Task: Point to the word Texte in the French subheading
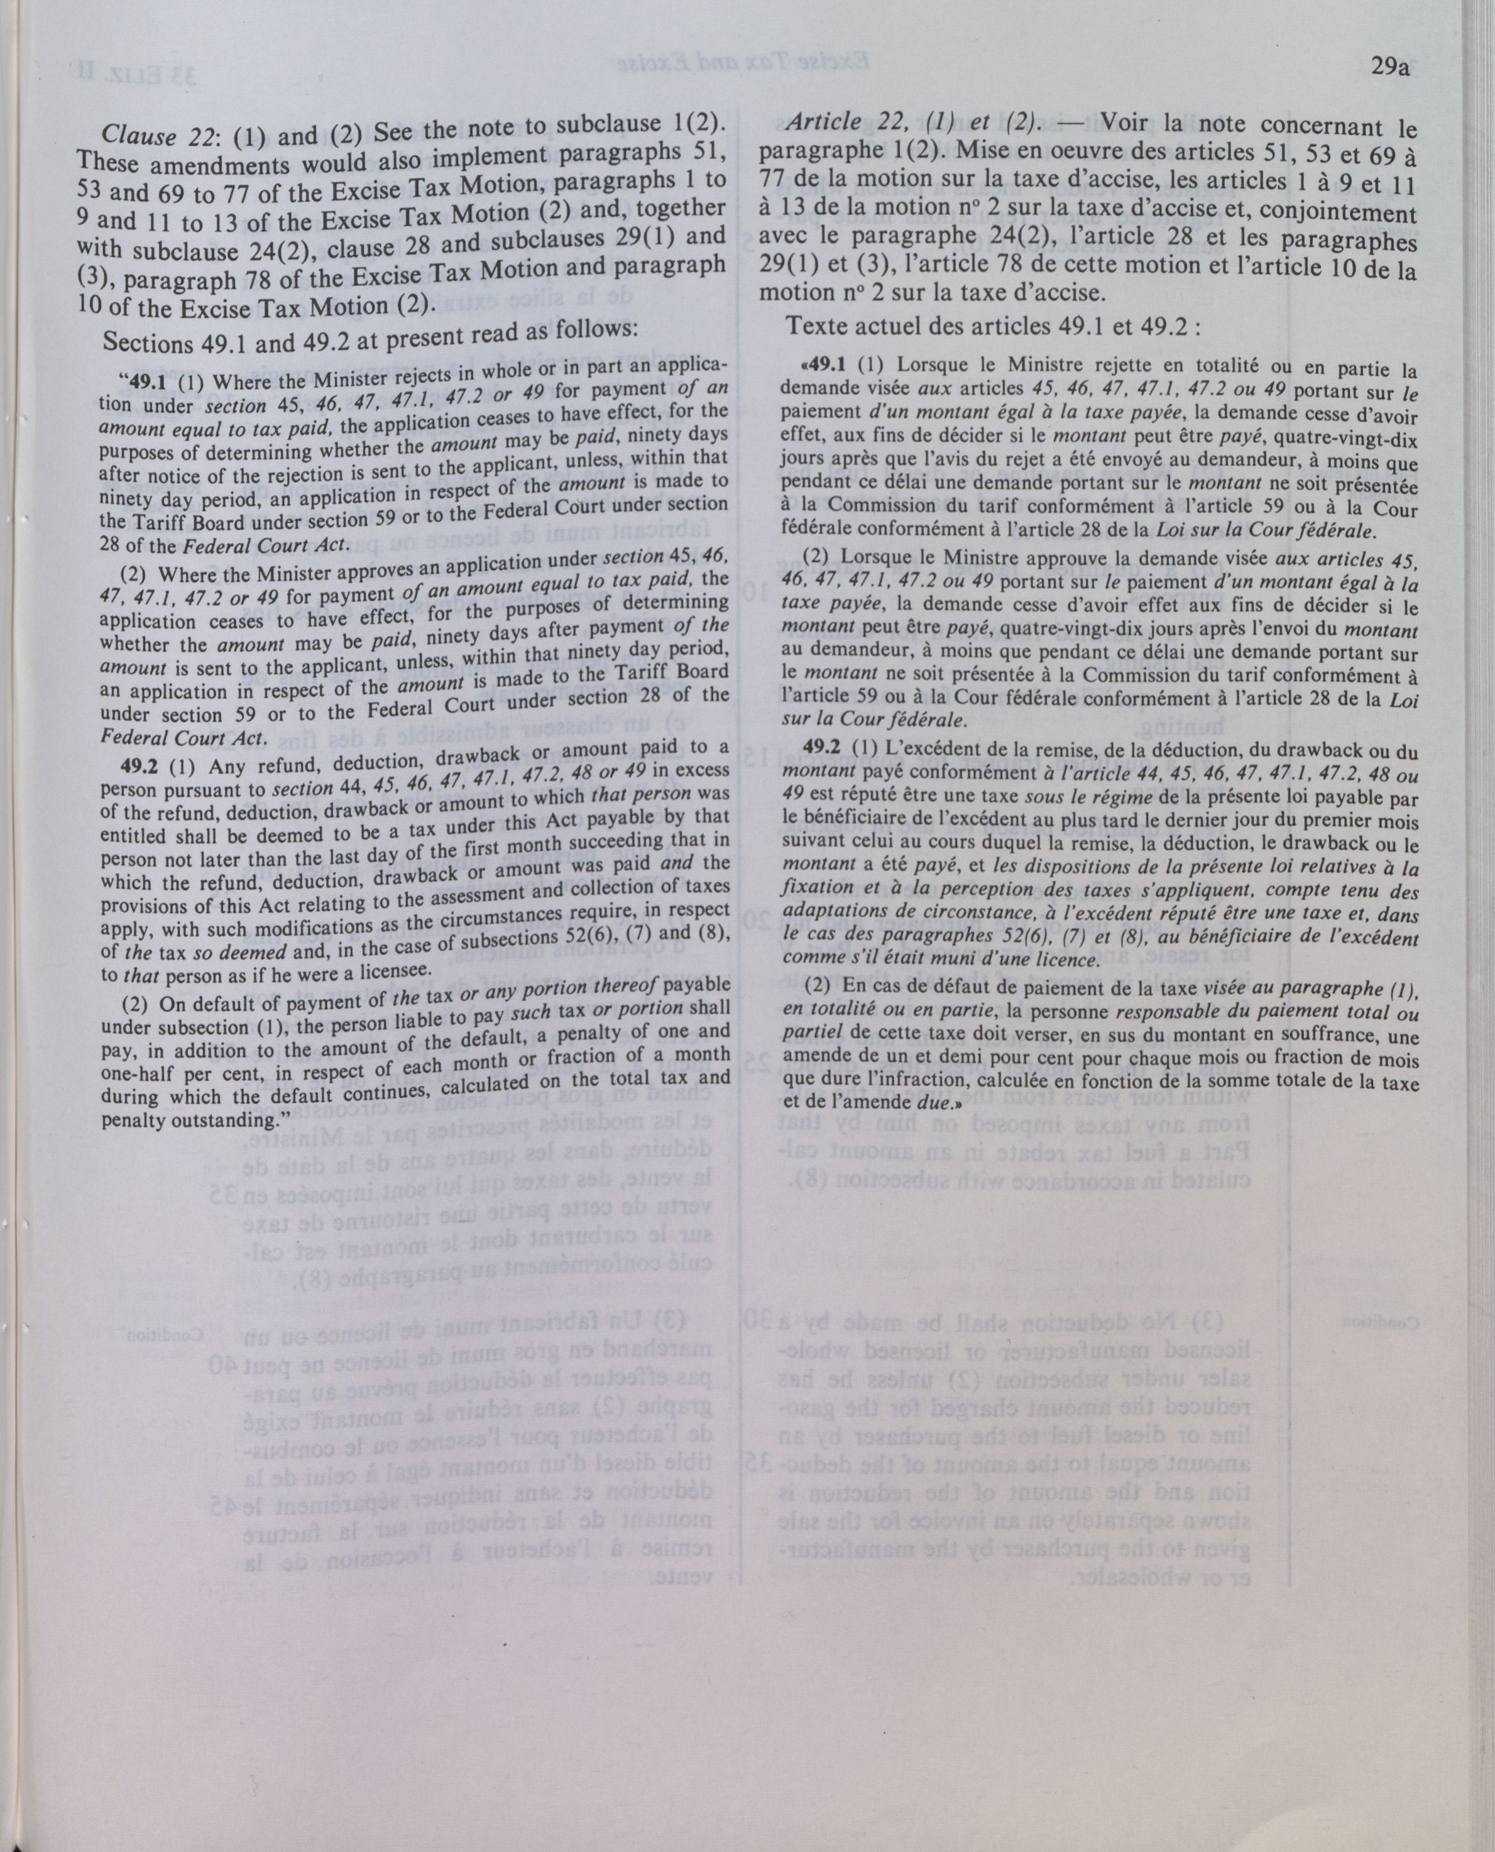click(818, 326)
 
